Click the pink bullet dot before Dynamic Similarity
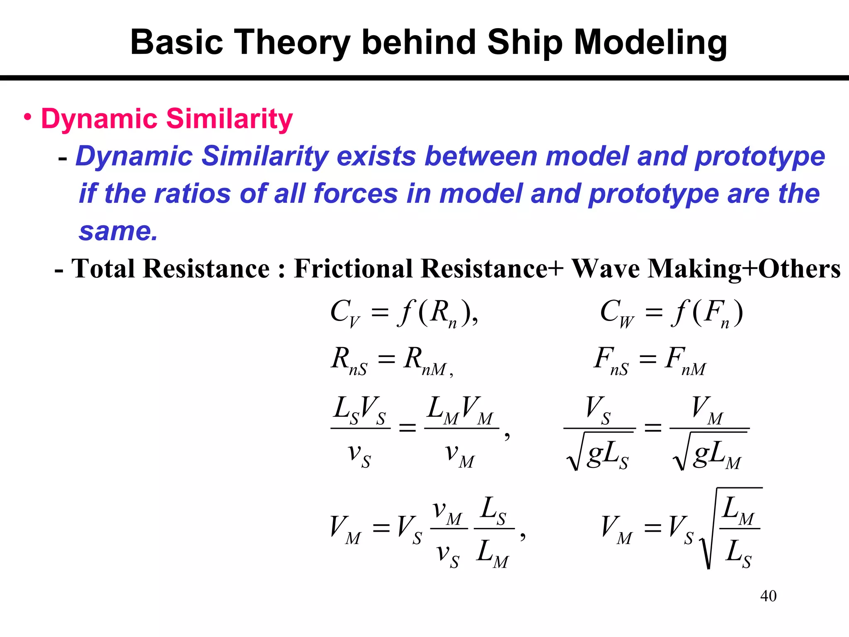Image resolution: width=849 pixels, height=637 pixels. (27, 117)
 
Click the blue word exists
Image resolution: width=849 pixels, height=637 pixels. (376, 156)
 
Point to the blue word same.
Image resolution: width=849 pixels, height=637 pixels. (118, 231)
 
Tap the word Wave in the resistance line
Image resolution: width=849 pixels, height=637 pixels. (606, 268)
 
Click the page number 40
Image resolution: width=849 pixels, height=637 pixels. (768, 596)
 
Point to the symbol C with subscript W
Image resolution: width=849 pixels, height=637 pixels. (617, 313)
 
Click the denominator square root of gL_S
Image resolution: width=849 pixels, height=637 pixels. (599, 452)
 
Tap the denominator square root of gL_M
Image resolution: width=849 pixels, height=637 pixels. (709, 452)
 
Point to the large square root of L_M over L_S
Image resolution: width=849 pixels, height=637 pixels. (732, 529)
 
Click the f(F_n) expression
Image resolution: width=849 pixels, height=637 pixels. (706, 313)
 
